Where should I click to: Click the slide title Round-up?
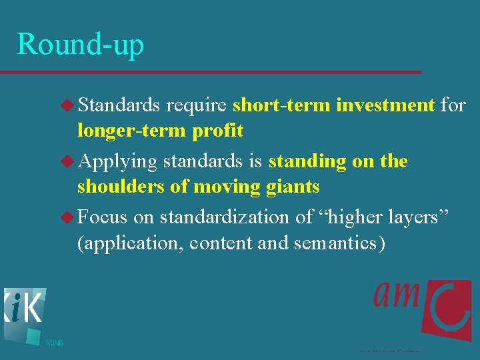click(80, 44)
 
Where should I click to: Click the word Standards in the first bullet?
click(119, 105)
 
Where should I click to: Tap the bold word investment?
click(385, 105)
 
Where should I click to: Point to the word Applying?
click(117, 162)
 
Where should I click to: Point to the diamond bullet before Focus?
click(68, 217)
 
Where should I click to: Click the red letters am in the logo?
click(397, 293)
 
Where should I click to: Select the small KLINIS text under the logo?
click(55, 343)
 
